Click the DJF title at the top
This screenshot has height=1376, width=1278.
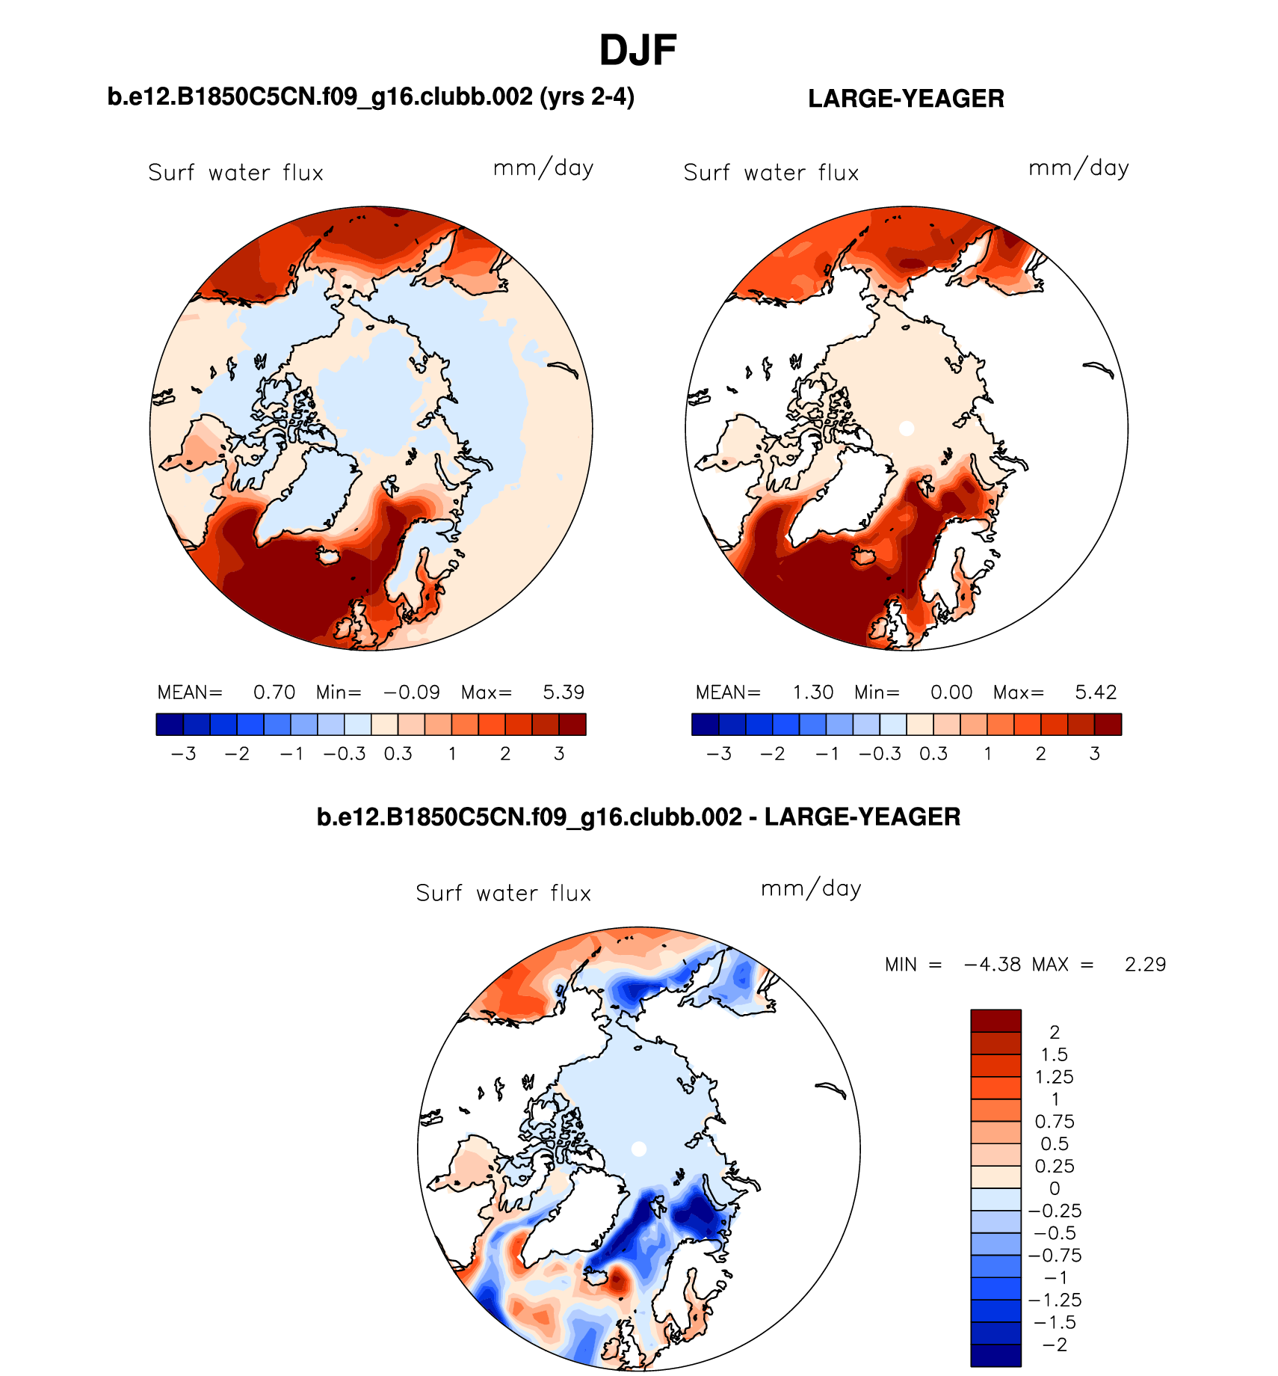(638, 51)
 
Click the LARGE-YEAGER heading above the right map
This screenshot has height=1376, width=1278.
(906, 99)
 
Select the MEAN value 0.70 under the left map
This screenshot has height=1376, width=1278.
(274, 692)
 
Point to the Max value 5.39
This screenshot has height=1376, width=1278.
(564, 692)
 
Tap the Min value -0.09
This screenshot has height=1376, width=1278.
(412, 692)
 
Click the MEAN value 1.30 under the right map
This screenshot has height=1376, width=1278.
(813, 692)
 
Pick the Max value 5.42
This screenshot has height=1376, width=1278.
(1096, 692)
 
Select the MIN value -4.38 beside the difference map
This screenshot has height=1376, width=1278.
(993, 965)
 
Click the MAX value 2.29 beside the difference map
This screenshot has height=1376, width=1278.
(1145, 965)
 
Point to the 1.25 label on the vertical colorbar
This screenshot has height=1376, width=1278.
(1055, 1077)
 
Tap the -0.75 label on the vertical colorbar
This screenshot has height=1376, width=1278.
(1055, 1256)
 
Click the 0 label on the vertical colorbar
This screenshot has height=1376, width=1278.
(1055, 1188)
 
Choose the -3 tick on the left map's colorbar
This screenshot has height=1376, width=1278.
(184, 754)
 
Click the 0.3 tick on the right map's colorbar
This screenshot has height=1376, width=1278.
(933, 754)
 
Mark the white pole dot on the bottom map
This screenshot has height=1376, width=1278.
(638, 1149)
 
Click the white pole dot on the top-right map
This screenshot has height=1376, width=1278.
(907, 429)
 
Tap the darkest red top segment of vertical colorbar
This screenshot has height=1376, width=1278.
(995, 1021)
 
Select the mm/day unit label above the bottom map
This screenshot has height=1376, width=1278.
(811, 889)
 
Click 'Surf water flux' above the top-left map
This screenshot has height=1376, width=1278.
(235, 173)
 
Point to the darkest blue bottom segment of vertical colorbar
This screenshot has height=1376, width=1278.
(995, 1356)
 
